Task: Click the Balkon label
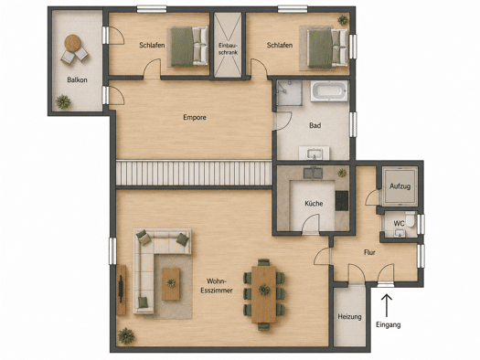pyautogui.click(x=77, y=79)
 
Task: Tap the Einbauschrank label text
pyautogui.click(x=228, y=48)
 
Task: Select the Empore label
pyautogui.click(x=195, y=118)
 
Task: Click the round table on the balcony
pyautogui.click(x=73, y=43)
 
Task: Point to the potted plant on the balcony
pyautogui.click(x=63, y=101)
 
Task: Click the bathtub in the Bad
pyautogui.click(x=329, y=90)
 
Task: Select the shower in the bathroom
pyautogui.click(x=289, y=92)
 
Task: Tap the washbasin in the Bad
pyautogui.click(x=315, y=153)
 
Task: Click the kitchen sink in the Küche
pyautogui.click(x=313, y=173)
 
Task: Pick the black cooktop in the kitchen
pyautogui.click(x=342, y=201)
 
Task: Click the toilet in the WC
pyautogui.click(x=411, y=219)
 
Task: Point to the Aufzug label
pyautogui.click(x=400, y=186)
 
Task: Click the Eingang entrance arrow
pyautogui.click(x=387, y=305)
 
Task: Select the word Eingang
pyautogui.click(x=389, y=325)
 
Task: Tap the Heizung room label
pyautogui.click(x=349, y=317)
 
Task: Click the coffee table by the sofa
pyautogui.click(x=171, y=284)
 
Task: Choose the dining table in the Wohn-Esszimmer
pyautogui.click(x=264, y=294)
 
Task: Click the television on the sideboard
pyautogui.click(x=121, y=289)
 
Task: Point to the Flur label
pyautogui.click(x=369, y=253)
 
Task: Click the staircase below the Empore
pyautogui.click(x=194, y=173)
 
